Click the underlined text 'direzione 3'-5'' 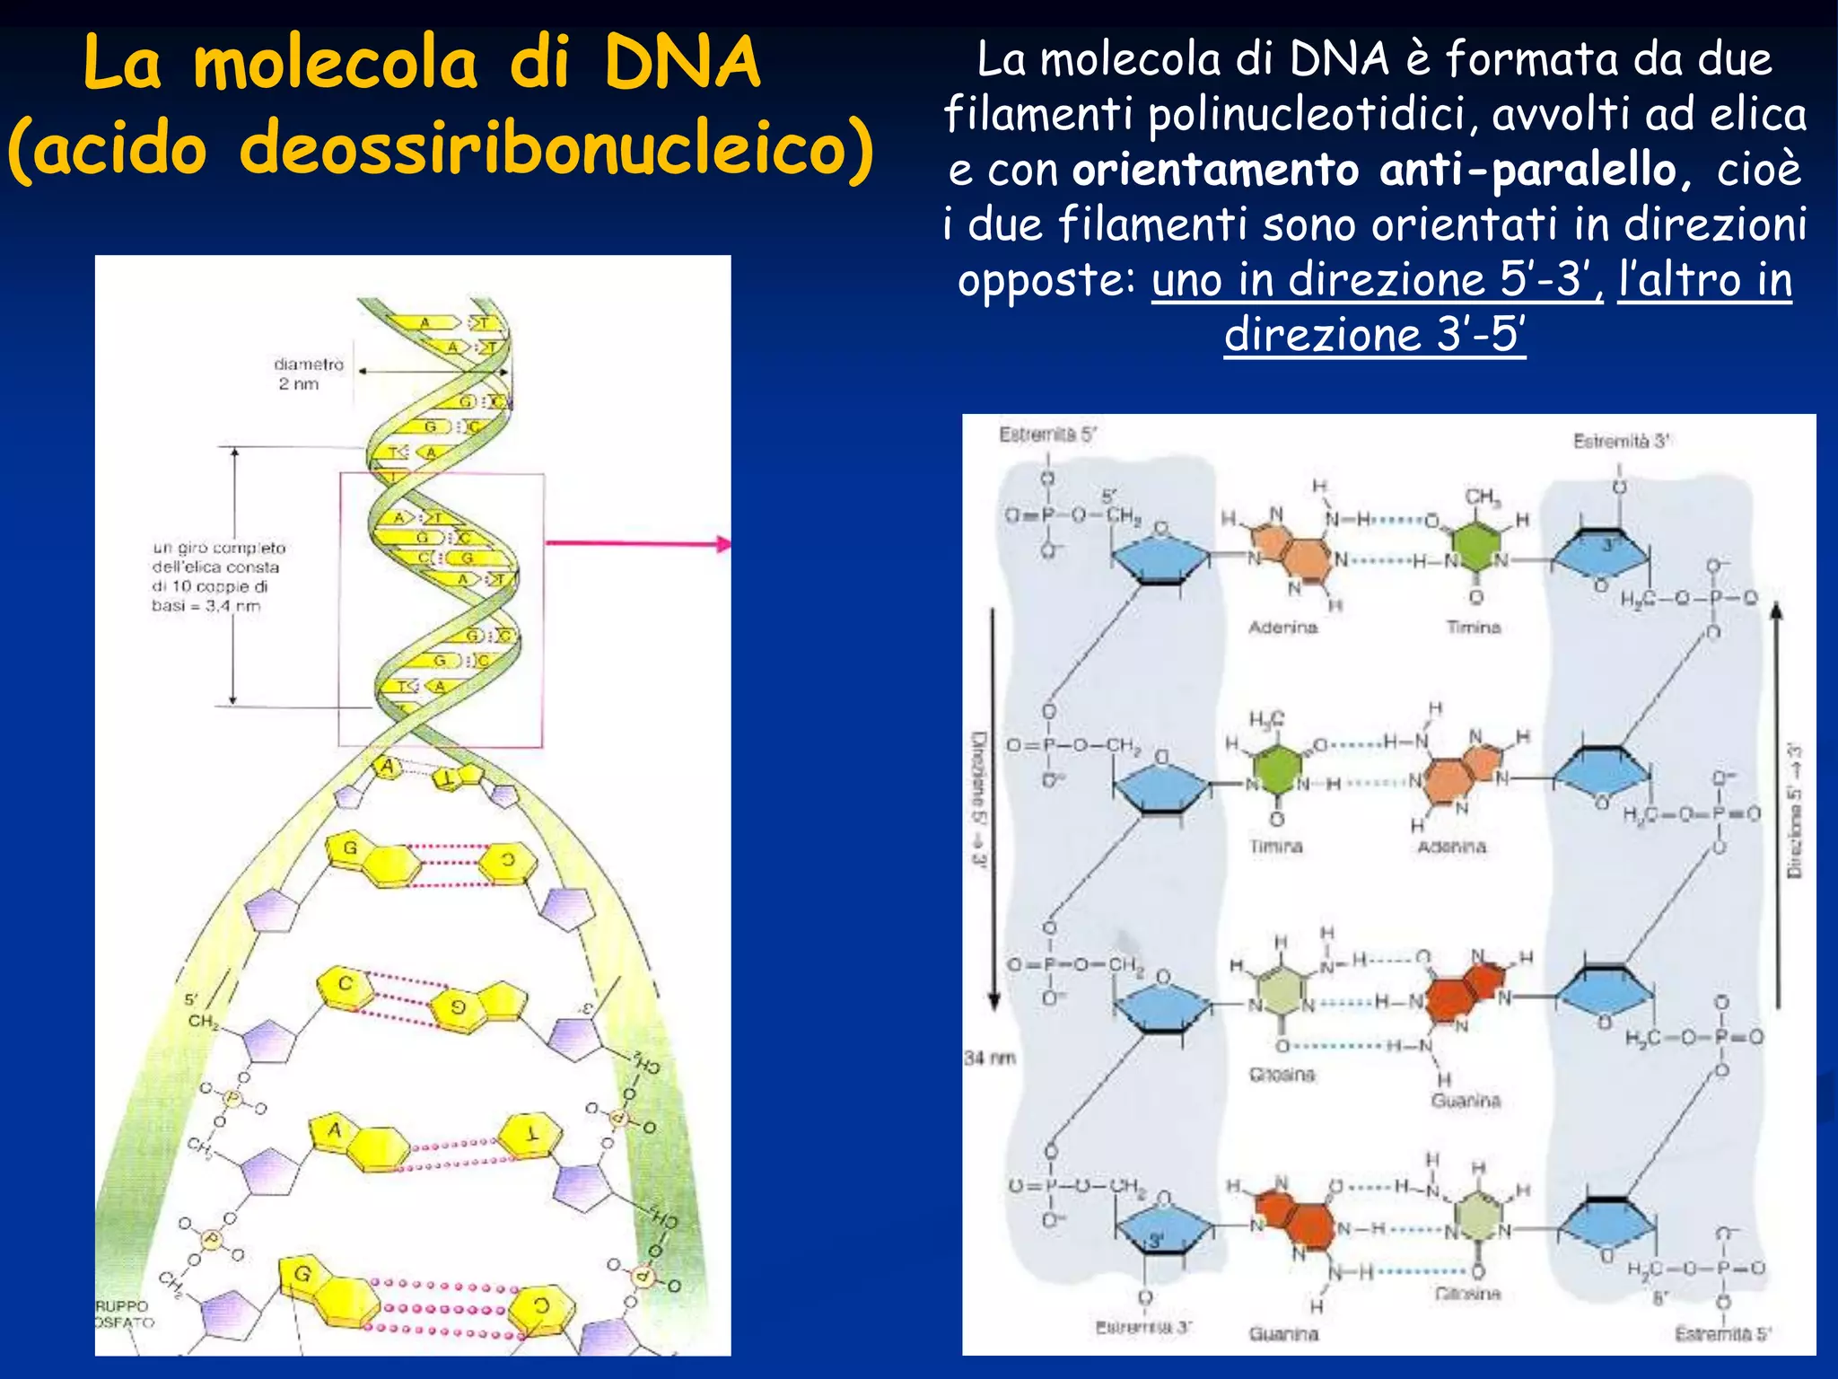click(1374, 334)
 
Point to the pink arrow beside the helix click(637, 543)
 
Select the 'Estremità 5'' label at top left click(1047, 435)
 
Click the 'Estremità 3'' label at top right click(1621, 441)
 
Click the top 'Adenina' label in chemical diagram click(1282, 627)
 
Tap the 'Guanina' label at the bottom click(1283, 1334)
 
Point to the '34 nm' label click(989, 1058)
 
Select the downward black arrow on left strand click(993, 808)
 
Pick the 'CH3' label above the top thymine click(1482, 496)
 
